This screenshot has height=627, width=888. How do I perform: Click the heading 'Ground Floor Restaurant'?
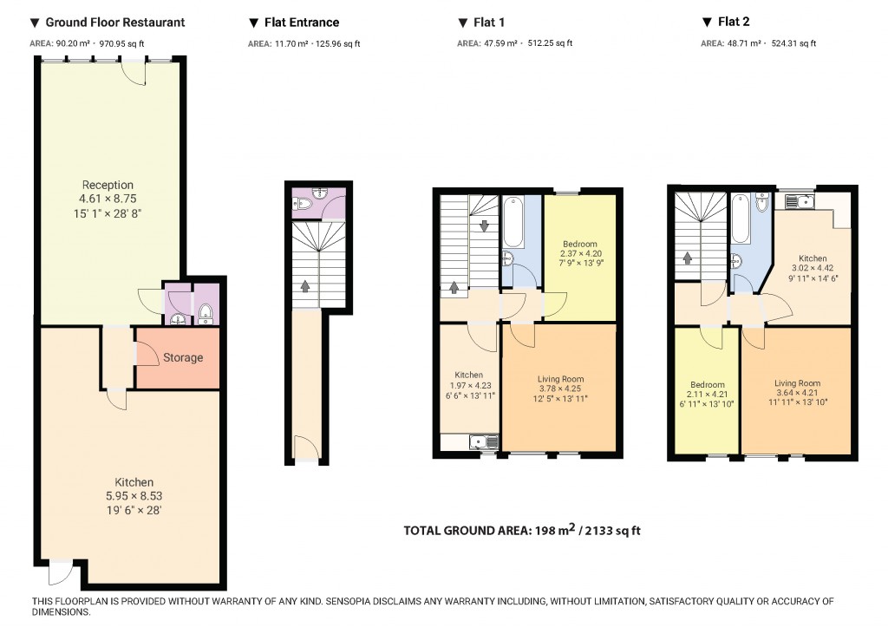click(x=114, y=23)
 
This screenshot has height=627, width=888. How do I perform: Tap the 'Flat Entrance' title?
click(x=300, y=23)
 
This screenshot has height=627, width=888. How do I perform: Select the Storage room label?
click(x=183, y=357)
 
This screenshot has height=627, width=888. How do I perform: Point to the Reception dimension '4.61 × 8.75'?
click(x=108, y=199)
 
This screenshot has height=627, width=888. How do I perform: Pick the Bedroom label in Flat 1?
click(x=579, y=244)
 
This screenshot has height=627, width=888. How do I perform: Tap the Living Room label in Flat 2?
click(x=797, y=383)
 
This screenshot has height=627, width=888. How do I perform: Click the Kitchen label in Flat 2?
click(x=813, y=258)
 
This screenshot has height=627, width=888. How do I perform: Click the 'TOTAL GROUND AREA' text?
click(x=466, y=531)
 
